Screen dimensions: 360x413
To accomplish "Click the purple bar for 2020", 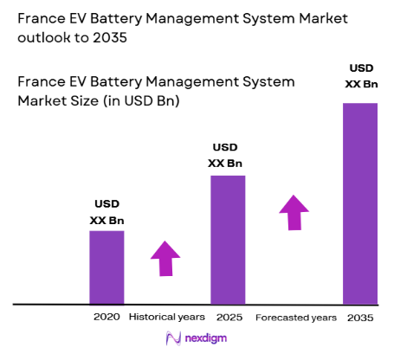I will click(x=106, y=267).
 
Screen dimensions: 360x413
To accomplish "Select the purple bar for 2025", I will click(x=228, y=240).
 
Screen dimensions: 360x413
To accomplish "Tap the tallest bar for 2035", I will click(x=360, y=203).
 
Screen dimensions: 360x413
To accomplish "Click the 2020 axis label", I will click(x=106, y=318).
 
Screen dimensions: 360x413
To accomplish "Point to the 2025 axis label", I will click(x=228, y=318).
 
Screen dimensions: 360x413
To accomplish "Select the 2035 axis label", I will click(x=360, y=318).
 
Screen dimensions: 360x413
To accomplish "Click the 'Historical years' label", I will click(x=167, y=318).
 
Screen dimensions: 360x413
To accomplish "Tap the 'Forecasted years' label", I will click(x=296, y=318).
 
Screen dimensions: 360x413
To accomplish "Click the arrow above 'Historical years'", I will click(x=165, y=258).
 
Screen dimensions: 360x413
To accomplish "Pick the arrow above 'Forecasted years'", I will click(x=294, y=212).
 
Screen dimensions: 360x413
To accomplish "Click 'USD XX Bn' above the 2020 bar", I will click(x=106, y=213).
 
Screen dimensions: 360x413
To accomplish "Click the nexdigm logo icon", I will click(x=171, y=340).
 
